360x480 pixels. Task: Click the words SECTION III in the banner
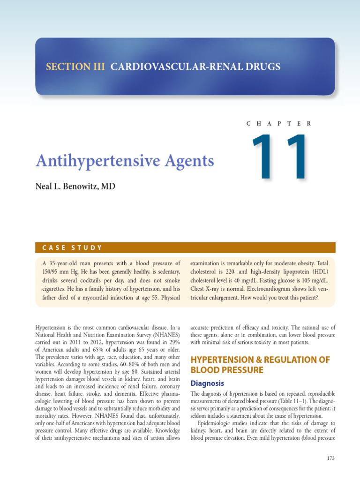(x=76, y=67)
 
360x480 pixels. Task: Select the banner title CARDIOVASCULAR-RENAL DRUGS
(x=195, y=67)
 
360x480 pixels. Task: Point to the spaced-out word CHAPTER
(x=278, y=123)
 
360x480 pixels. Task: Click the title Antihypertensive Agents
(x=125, y=161)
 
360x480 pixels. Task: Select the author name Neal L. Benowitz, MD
(x=75, y=187)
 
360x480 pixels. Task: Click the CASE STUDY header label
(x=72, y=248)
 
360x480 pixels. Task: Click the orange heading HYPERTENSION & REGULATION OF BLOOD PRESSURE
(x=260, y=365)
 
